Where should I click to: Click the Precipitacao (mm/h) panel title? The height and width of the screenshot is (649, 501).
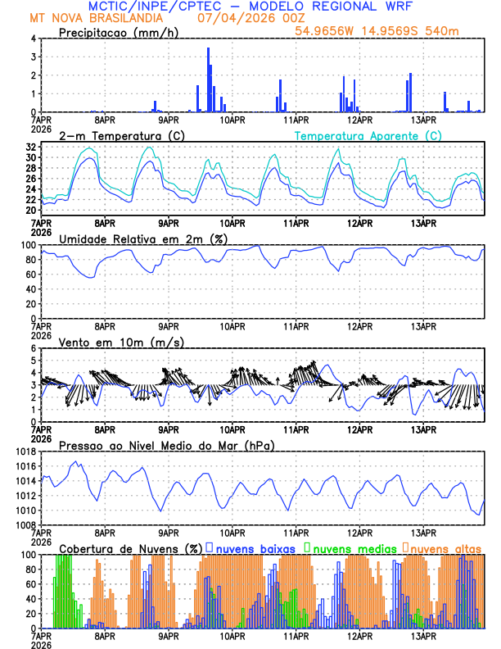[x=119, y=32]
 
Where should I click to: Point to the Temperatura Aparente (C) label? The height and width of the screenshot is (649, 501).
[x=368, y=135]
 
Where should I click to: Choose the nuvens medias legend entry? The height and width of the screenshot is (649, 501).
[x=351, y=547]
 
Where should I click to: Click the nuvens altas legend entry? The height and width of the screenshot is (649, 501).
[x=445, y=547]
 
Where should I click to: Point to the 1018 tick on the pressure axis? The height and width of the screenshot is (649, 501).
[x=23, y=452]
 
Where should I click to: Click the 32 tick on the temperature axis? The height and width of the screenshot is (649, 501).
[x=29, y=147]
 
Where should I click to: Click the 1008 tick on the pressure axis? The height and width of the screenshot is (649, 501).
[x=23, y=524]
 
